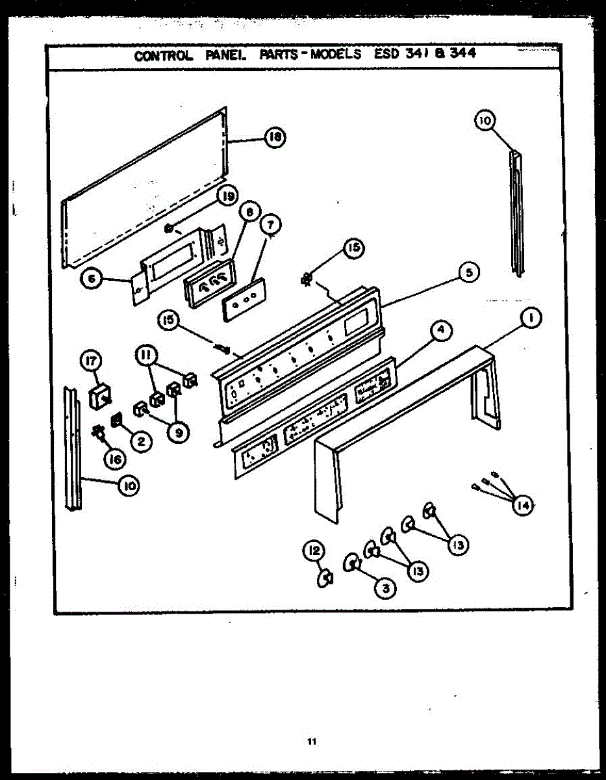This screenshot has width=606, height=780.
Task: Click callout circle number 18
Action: pos(275,137)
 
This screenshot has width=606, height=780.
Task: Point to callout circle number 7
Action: pos(270,224)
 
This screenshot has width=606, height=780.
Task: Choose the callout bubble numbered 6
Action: pos(91,279)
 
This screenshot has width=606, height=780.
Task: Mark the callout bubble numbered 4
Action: pos(440,330)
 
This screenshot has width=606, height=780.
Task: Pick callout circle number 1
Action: pos(531,318)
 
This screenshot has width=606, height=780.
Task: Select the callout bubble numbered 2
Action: pos(140,441)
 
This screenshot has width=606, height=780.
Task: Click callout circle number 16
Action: pos(114,459)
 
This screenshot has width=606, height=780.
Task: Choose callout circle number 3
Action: pos(385,588)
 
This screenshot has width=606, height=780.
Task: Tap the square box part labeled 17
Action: pos(100,396)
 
